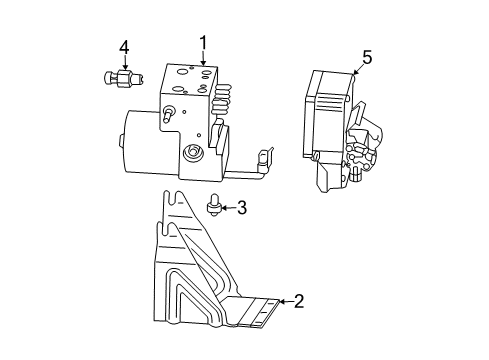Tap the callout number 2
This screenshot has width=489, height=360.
[297, 300]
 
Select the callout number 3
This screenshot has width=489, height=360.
[242, 208]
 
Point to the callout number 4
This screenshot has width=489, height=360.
[124, 47]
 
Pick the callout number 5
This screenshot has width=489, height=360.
[366, 57]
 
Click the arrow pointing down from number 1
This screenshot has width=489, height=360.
[203, 60]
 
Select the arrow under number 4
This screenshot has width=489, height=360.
[124, 62]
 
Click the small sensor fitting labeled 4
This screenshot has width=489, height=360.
[122, 79]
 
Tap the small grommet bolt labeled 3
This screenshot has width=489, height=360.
[212, 207]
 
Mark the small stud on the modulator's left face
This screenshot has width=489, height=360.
[171, 112]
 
